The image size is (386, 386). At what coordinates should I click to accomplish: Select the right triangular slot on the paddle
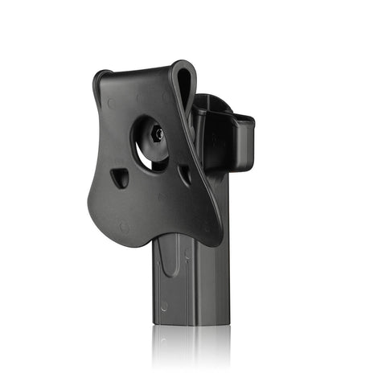tap(184, 175)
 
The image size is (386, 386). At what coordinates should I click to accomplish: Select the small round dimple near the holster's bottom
tap(165, 306)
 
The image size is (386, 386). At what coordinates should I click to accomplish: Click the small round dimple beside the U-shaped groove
tap(187, 253)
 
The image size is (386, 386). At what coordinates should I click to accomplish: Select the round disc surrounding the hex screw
tap(158, 137)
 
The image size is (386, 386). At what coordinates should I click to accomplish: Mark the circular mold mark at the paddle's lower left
tap(124, 228)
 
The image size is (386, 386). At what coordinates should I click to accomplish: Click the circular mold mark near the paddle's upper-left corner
tap(111, 103)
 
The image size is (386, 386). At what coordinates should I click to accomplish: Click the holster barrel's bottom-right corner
tap(228, 322)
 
